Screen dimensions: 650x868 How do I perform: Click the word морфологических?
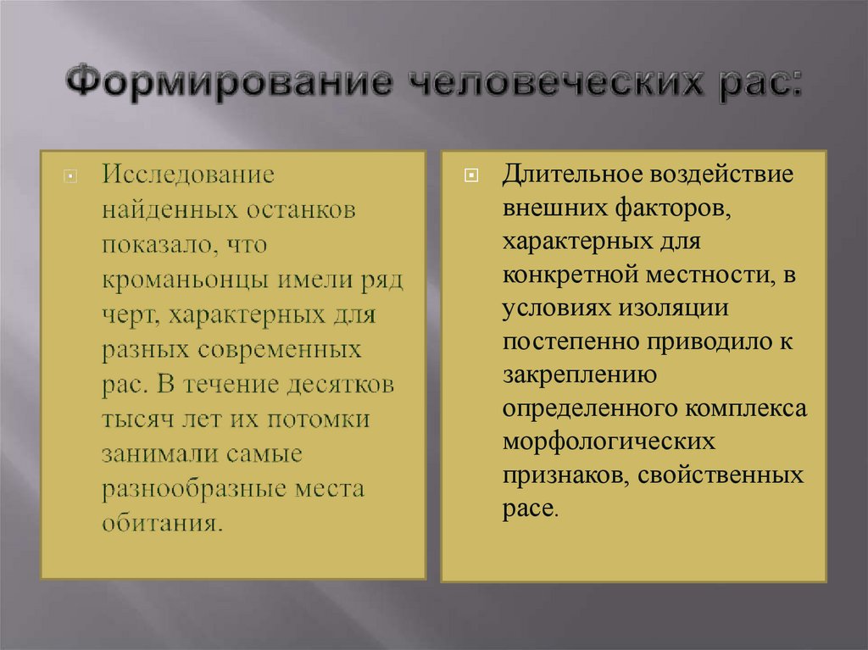click(608, 443)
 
